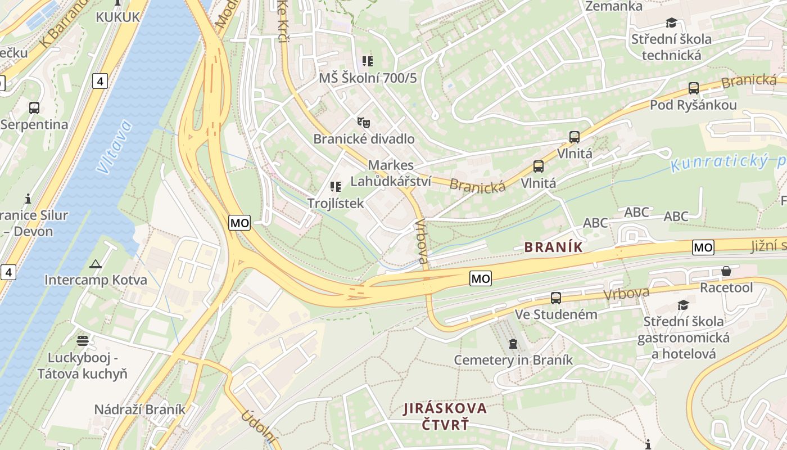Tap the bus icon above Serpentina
pyautogui.click(x=34, y=108)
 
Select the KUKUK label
pyautogui.click(x=117, y=17)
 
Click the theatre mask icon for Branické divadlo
pyautogui.click(x=364, y=122)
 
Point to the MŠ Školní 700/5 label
pyautogui.click(x=368, y=78)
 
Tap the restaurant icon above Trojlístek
pyautogui.click(x=336, y=186)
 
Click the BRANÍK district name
pyautogui.click(x=553, y=247)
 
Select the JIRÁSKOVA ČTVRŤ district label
pyautogui.click(x=445, y=416)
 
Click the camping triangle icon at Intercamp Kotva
pyautogui.click(x=95, y=264)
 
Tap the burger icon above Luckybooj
pyautogui.click(x=83, y=340)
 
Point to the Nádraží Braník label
pyautogui.click(x=139, y=409)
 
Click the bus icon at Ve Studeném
pyautogui.click(x=555, y=298)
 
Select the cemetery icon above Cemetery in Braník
pyautogui.click(x=513, y=344)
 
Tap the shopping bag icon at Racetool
pyautogui.click(x=726, y=272)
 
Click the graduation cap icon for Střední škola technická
pyautogui.click(x=671, y=22)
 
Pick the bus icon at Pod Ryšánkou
pyautogui.click(x=693, y=88)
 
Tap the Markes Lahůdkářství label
pyautogui.click(x=391, y=173)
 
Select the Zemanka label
pyautogui.click(x=613, y=6)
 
